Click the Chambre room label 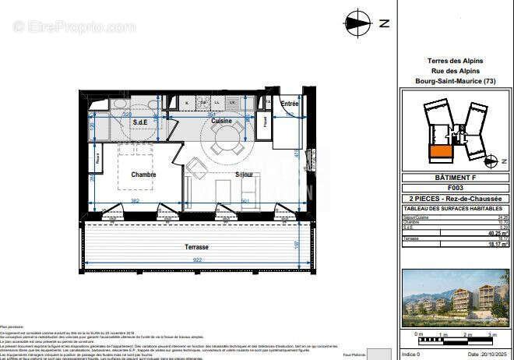pos(143,175)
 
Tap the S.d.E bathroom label pos(140,123)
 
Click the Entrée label pos(290,104)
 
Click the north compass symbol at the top pos(358,23)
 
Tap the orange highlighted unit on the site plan pos(440,153)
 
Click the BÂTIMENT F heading pos(455,178)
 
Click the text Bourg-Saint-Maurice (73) pos(456,82)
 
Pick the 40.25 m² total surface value pos(498,232)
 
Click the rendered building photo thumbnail pos(456,298)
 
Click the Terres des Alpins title pos(456,61)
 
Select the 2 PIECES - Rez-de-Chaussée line pos(455,199)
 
